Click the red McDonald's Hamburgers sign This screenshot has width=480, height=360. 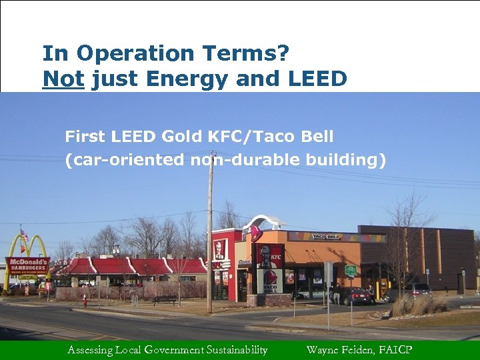[x=27, y=264]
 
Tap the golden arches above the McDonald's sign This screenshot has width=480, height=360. [x=27, y=245]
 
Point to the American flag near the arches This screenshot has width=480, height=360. [x=24, y=236]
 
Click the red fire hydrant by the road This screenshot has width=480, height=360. [x=85, y=301]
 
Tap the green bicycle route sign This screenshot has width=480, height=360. [x=350, y=270]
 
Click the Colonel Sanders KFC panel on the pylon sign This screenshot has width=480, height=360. [x=270, y=257]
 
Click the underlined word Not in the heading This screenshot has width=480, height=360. [x=63, y=79]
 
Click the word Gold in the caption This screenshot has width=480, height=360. [x=179, y=137]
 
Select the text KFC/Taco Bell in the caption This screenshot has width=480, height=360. [x=270, y=137]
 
